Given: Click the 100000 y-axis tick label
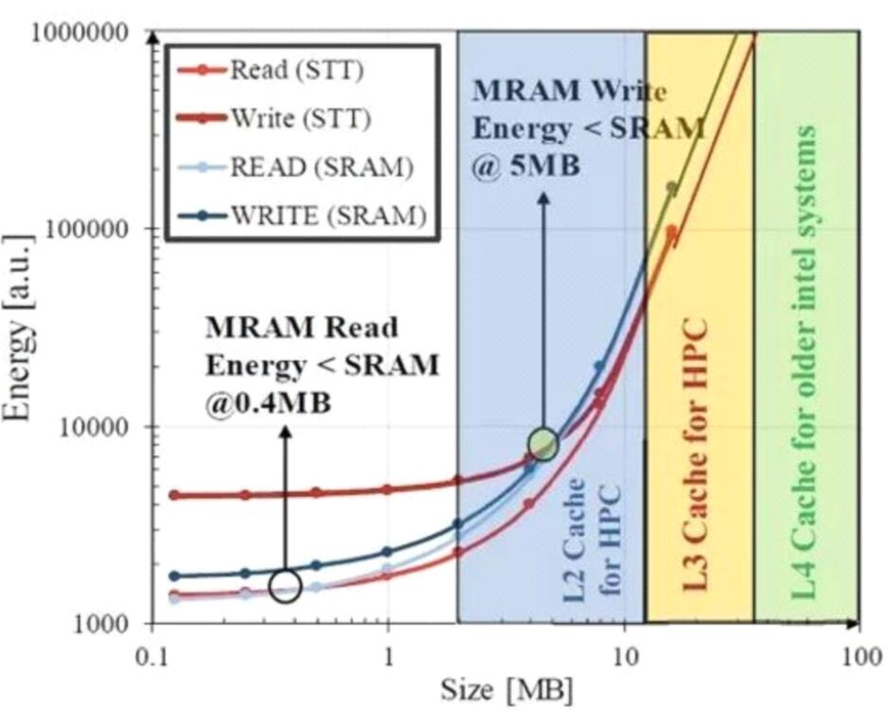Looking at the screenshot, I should (86, 230).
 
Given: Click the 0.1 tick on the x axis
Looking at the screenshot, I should (151, 654).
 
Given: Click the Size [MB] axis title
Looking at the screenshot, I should (505, 687).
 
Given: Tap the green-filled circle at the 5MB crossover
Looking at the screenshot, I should (543, 442).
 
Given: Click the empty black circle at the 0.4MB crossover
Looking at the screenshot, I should (285, 586).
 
